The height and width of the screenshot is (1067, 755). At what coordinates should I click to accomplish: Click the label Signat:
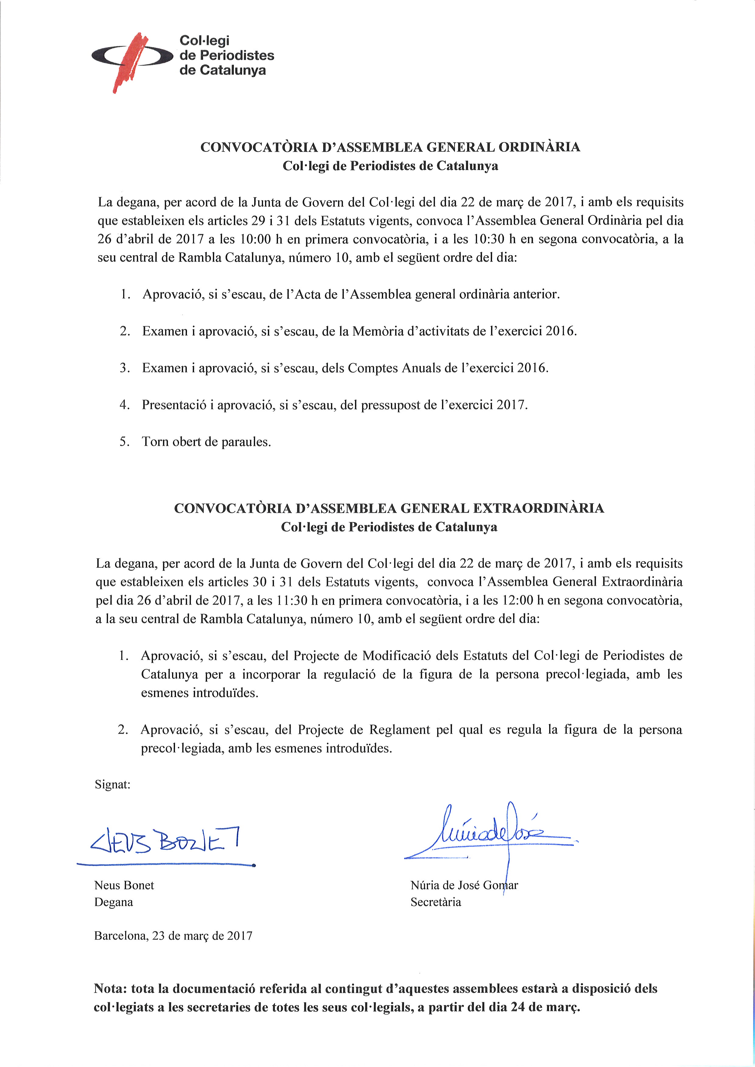click(x=113, y=785)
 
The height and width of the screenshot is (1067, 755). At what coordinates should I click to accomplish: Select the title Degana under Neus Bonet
click(x=114, y=902)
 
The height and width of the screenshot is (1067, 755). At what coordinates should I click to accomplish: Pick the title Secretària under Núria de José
click(x=436, y=902)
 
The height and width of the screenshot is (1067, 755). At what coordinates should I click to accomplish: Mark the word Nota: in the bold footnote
click(x=111, y=989)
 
